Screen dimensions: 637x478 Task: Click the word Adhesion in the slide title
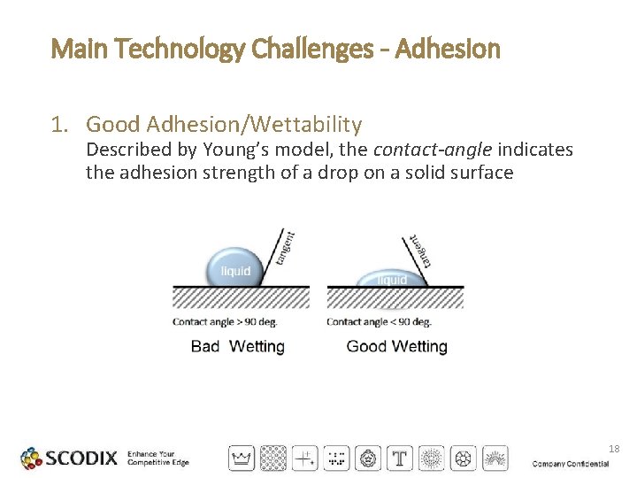click(448, 49)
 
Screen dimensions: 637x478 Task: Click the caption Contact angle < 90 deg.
click(379, 321)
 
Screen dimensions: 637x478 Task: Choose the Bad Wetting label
click(237, 346)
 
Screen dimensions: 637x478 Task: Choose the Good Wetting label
click(396, 346)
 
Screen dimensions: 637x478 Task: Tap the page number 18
click(614, 450)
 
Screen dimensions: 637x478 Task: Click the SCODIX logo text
click(81, 459)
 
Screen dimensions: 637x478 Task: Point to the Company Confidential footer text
click(571, 464)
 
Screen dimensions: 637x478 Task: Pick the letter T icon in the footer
click(401, 459)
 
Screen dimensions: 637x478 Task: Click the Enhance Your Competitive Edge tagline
click(158, 459)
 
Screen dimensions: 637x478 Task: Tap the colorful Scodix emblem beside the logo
click(31, 459)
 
